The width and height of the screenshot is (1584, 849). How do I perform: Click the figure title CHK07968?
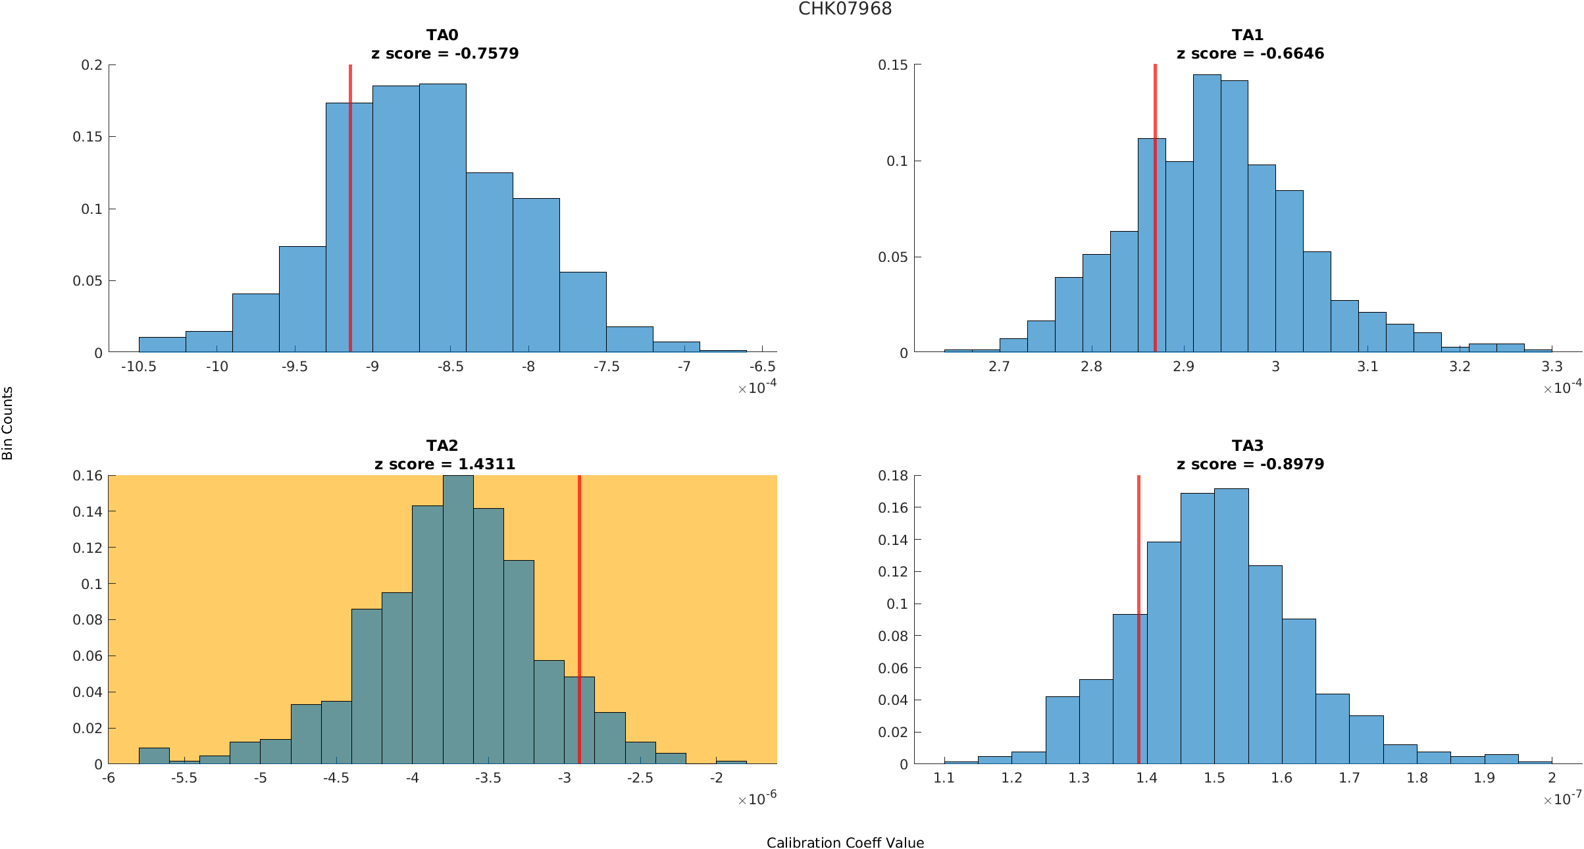[x=845, y=9]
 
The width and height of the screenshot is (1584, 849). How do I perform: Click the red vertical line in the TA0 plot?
[x=350, y=211]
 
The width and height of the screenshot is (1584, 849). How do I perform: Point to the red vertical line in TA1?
[x=1155, y=211]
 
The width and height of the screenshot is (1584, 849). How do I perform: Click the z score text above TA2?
[x=445, y=464]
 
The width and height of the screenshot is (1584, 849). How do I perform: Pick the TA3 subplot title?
[x=1247, y=446]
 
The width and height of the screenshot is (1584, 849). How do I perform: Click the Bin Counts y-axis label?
[x=8, y=423]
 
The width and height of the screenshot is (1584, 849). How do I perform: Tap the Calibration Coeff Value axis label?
[x=845, y=843]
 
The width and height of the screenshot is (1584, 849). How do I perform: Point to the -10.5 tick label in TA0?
[x=138, y=367]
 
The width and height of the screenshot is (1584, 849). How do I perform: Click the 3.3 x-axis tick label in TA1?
[x=1552, y=367]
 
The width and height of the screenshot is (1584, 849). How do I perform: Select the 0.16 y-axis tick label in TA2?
[x=88, y=476]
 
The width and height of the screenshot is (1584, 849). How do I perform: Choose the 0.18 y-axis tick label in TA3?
[x=893, y=476]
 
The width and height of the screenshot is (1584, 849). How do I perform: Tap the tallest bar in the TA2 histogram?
[x=458, y=619]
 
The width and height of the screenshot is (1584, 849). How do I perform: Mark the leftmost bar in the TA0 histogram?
[x=162, y=345]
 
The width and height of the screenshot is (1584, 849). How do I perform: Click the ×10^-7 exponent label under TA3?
[x=1562, y=799]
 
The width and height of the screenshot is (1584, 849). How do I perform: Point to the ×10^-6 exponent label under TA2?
[x=757, y=799]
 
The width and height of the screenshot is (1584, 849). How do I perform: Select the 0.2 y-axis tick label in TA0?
[x=91, y=65]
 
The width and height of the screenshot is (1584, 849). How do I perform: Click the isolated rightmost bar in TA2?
[x=731, y=762]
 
